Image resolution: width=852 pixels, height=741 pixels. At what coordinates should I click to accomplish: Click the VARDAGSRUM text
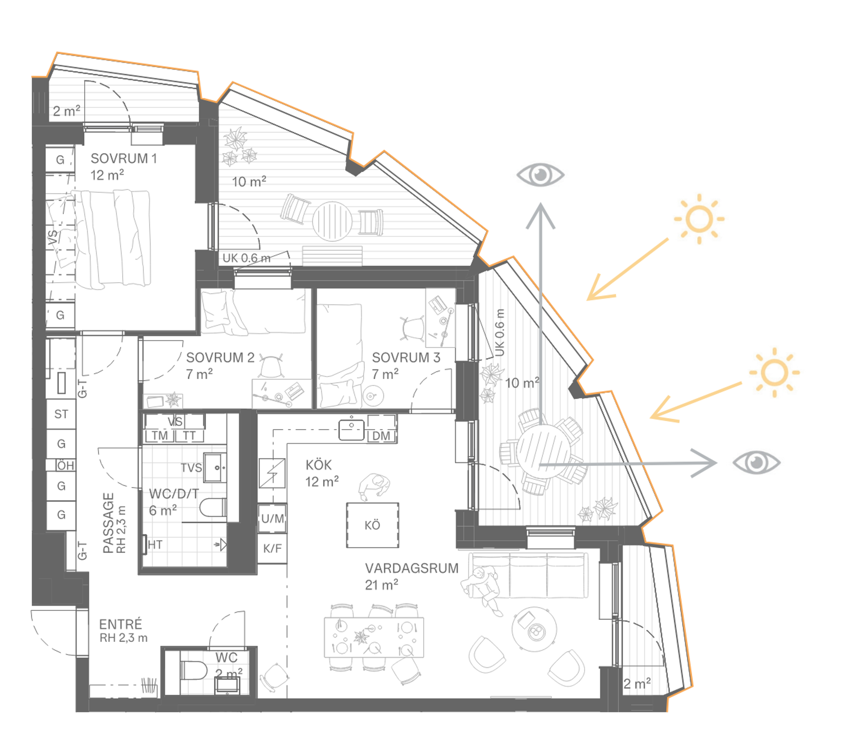pos(412,568)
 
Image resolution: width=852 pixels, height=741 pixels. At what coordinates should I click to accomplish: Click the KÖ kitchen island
pos(372,525)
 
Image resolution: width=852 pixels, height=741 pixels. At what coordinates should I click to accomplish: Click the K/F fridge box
pos(272,548)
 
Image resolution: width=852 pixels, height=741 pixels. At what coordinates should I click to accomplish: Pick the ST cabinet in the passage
pos(61,414)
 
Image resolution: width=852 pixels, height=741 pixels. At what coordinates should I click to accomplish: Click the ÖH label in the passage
pos(65,466)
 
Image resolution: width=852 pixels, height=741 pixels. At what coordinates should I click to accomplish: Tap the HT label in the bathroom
pos(155,545)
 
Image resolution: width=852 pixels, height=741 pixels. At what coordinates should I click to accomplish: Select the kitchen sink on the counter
pos(351,429)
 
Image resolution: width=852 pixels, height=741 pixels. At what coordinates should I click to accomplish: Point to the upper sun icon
pos(699,219)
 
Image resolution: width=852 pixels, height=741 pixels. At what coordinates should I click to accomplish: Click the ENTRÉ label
pos(120,624)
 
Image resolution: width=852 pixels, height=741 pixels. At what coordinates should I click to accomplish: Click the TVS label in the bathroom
pos(191,468)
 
